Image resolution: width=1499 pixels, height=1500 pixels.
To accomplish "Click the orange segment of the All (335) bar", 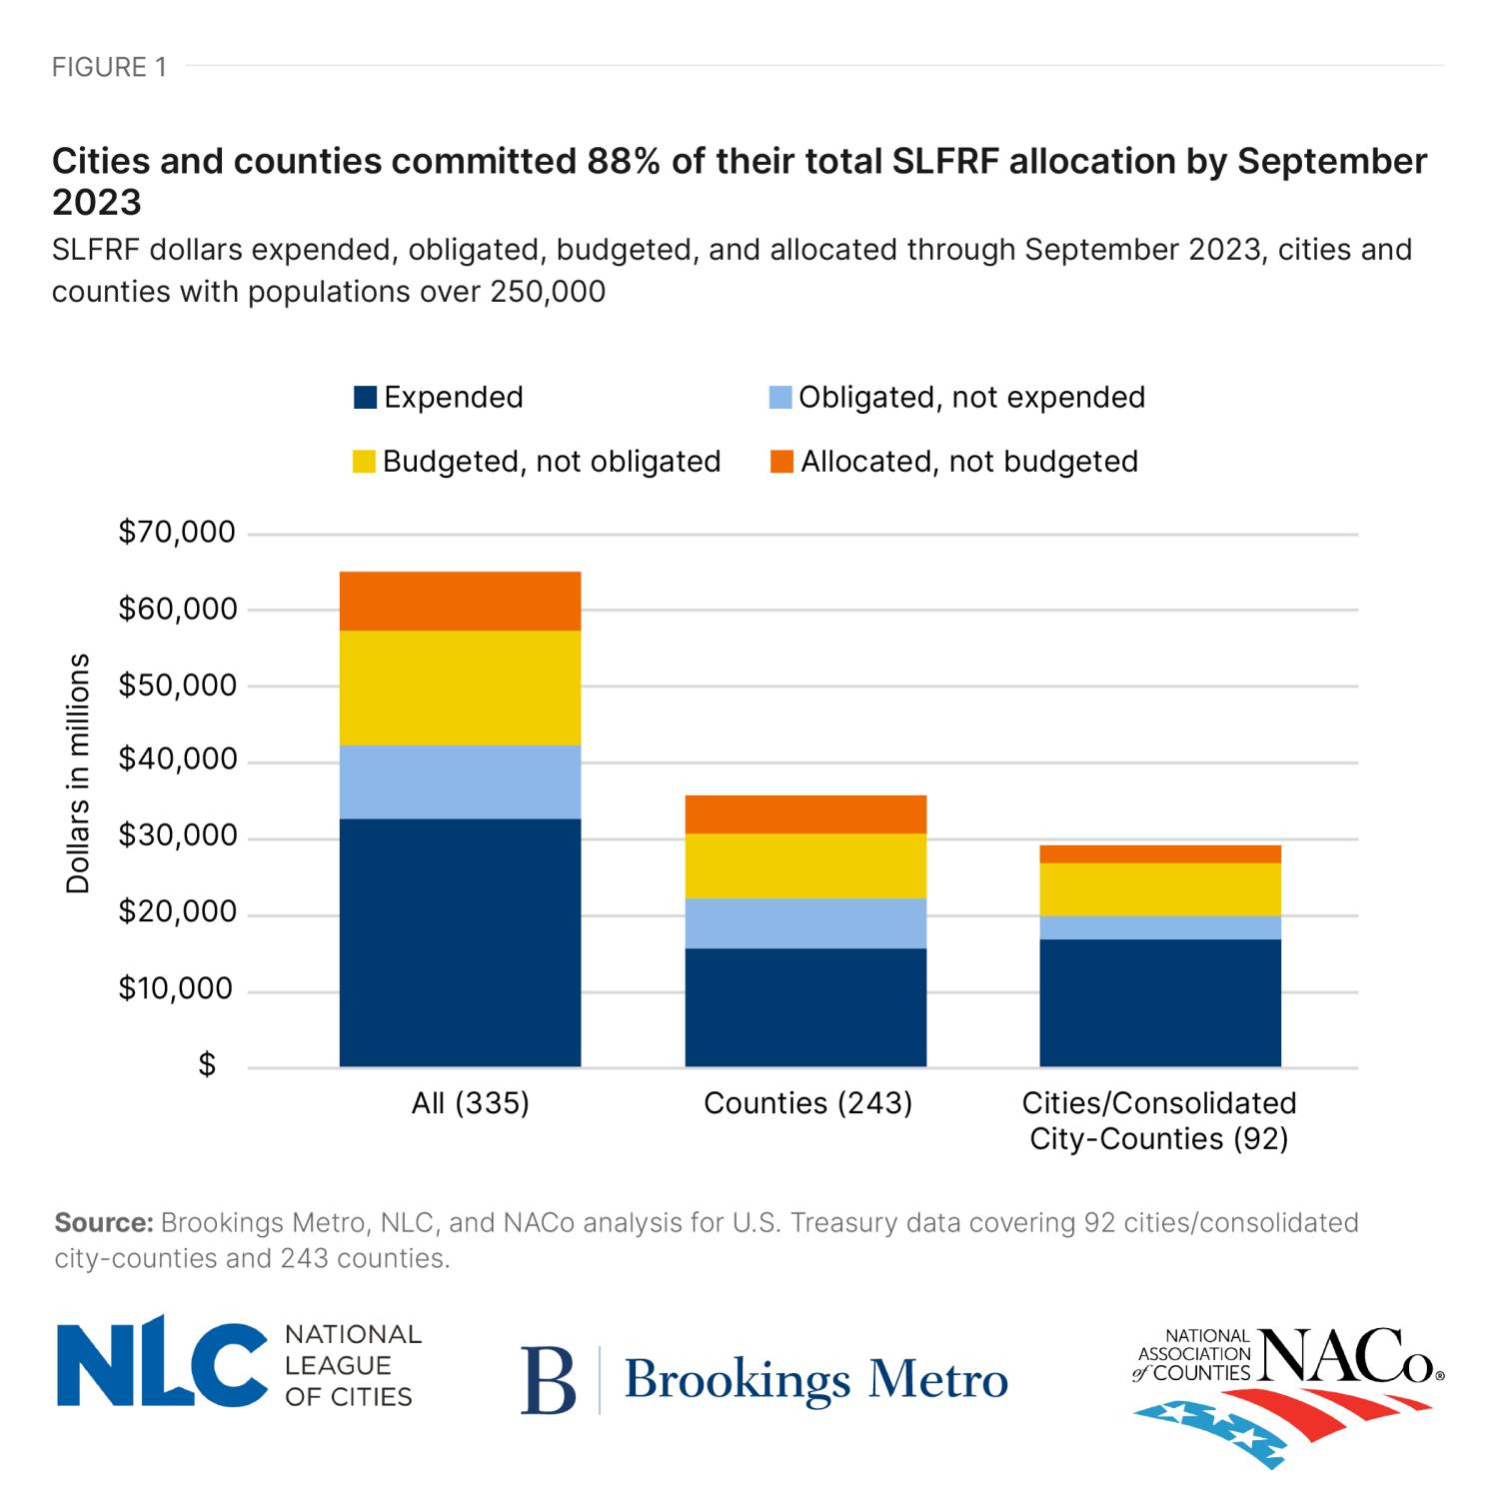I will pyautogui.click(x=460, y=601).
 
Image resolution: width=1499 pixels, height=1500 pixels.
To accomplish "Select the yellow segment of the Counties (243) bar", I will pyautogui.click(x=805, y=865).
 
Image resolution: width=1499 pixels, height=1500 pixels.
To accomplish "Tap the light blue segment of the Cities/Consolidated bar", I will pyautogui.click(x=1160, y=927).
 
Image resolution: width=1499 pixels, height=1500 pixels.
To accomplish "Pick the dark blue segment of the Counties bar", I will pyautogui.click(x=805, y=1007).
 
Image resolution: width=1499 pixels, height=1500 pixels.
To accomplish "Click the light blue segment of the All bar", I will pyautogui.click(x=460, y=781).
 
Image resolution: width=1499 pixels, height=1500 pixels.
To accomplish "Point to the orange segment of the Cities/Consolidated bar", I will pyautogui.click(x=1160, y=853).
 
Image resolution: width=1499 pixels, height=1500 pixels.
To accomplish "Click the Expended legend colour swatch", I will pyautogui.click(x=365, y=398).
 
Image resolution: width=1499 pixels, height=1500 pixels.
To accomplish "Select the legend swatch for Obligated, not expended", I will pyautogui.click(x=780, y=398).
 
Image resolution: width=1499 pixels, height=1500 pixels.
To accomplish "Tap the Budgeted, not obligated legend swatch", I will pyautogui.click(x=365, y=462).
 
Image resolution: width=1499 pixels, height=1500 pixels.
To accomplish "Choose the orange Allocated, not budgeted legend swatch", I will pyautogui.click(x=781, y=462).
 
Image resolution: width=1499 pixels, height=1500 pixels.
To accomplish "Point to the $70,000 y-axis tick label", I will pyautogui.click(x=177, y=532).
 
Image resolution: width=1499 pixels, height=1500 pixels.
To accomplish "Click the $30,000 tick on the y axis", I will pyautogui.click(x=177, y=835).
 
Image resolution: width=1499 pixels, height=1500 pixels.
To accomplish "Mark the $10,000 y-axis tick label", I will pyautogui.click(x=177, y=988).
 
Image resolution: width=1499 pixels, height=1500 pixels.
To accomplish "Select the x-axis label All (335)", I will pyautogui.click(x=470, y=1103).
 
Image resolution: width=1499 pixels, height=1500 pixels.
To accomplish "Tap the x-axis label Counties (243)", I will pyautogui.click(x=807, y=1103).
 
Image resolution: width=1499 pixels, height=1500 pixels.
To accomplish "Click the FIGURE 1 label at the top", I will pyautogui.click(x=109, y=67).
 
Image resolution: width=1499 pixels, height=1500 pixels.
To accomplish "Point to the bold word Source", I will pyautogui.click(x=103, y=1222).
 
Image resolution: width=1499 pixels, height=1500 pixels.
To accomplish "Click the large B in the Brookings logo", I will pyautogui.click(x=549, y=1381).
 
